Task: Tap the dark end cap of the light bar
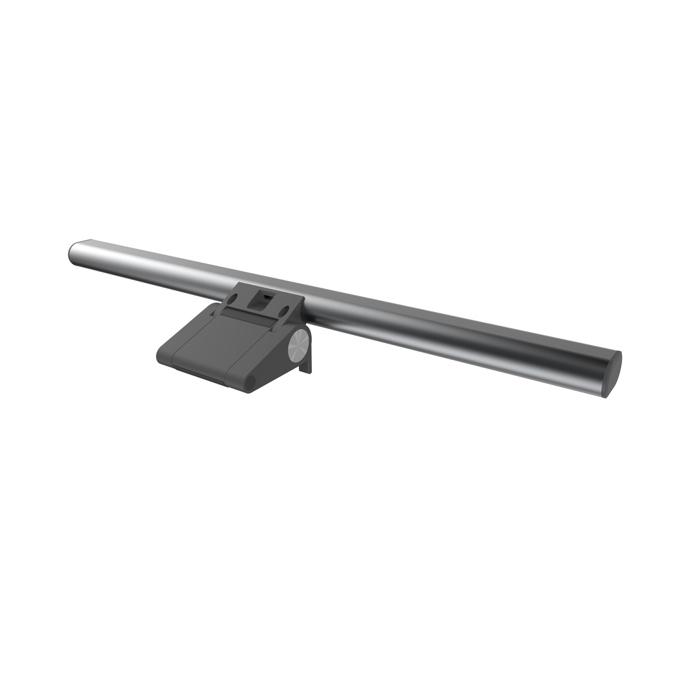pyautogui.click(x=612, y=374)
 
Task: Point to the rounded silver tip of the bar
pyautogui.click(x=73, y=253)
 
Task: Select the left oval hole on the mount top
pyautogui.click(x=232, y=298)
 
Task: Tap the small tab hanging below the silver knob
pyautogui.click(x=305, y=365)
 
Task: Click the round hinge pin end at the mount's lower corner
pyautogui.click(x=249, y=382)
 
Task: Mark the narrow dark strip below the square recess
pyautogui.click(x=247, y=317)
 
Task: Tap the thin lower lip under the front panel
pyautogui.click(x=199, y=373)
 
